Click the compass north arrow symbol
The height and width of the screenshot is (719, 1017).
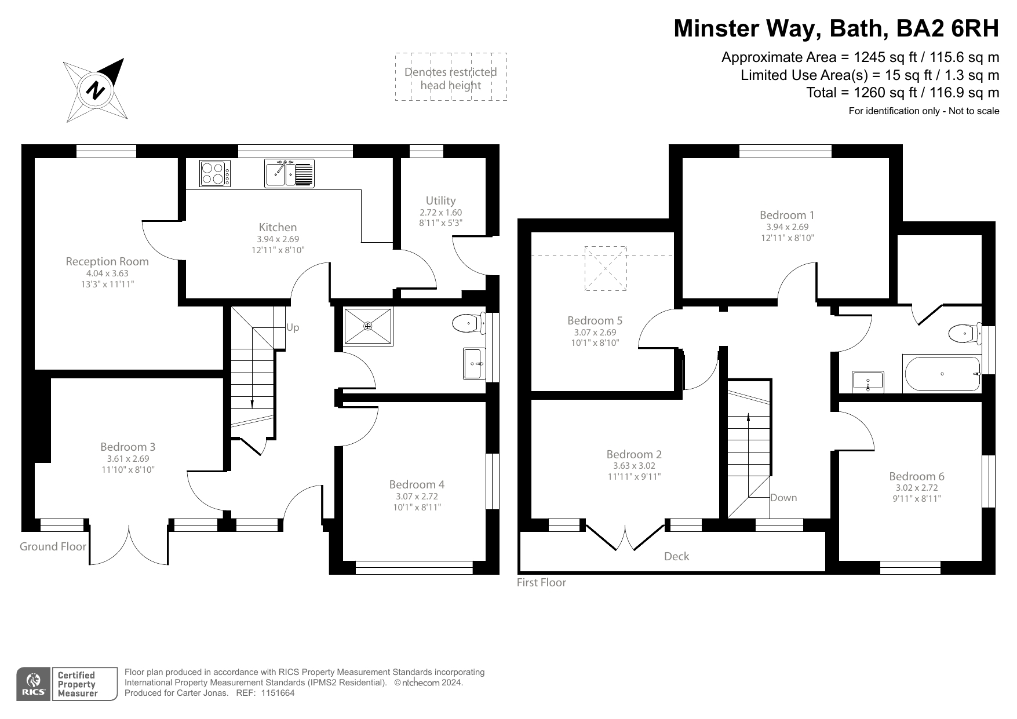96,90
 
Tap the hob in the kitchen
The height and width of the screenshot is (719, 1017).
214,173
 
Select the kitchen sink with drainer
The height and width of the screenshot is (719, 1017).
290,173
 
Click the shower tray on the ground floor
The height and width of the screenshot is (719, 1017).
368,327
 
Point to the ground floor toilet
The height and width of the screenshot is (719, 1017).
468,323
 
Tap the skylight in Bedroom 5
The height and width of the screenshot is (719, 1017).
606,268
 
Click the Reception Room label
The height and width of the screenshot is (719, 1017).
107,261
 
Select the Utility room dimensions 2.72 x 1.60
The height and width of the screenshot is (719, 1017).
440,213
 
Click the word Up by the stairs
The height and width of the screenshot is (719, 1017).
293,328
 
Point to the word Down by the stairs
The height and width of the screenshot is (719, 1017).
783,498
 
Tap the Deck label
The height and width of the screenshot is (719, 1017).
676,557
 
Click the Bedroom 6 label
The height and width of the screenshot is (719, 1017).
917,476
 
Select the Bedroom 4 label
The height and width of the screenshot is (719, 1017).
417,484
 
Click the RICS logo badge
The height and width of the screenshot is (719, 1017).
33,684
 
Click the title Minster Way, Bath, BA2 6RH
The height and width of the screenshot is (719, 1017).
836,28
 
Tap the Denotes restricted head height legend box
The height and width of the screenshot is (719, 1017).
451,77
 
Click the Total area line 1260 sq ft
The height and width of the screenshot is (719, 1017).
902,93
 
